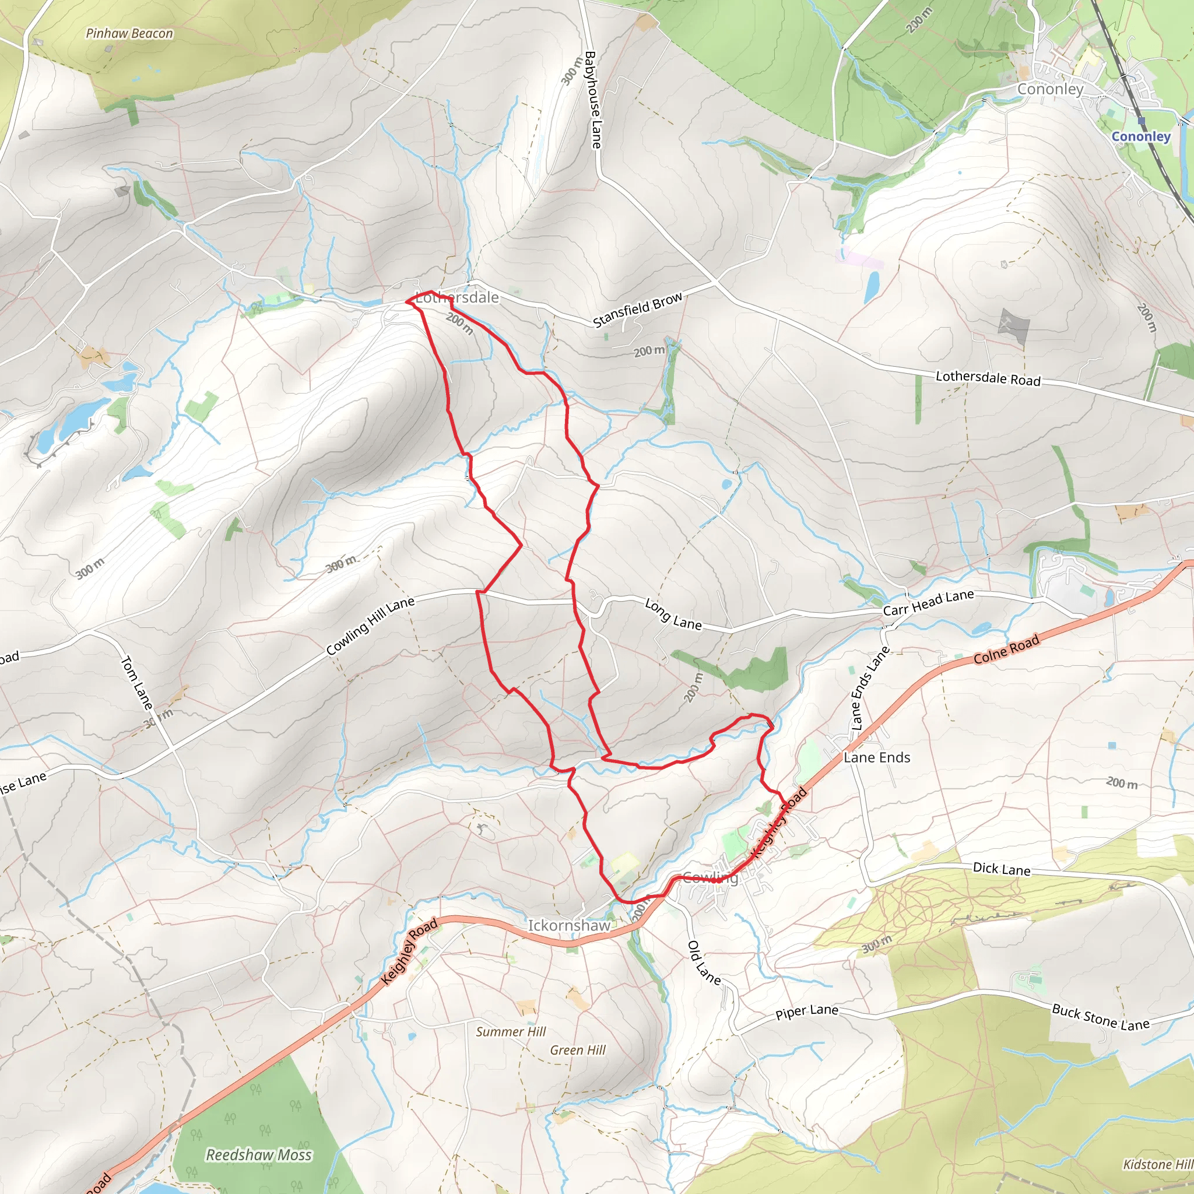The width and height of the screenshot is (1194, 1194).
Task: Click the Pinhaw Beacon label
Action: click(129, 33)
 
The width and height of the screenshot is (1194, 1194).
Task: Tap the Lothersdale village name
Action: click(457, 297)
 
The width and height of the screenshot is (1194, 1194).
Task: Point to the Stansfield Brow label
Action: click(638, 308)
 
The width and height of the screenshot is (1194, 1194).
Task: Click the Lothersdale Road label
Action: click(988, 378)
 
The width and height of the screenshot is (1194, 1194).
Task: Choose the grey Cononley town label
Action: click(1050, 89)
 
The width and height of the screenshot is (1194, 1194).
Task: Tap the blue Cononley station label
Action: click(1141, 136)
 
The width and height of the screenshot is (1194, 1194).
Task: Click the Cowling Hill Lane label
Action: click(370, 626)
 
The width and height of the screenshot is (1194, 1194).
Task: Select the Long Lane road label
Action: click(673, 614)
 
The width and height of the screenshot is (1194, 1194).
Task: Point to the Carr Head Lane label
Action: click(928, 603)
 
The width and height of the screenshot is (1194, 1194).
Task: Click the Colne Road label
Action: click(1006, 649)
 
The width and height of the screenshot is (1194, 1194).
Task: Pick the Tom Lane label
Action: click(136, 682)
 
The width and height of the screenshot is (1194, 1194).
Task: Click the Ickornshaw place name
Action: click(568, 925)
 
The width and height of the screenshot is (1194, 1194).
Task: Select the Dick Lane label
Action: click(1001, 868)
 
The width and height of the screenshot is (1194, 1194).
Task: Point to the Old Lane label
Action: click(704, 962)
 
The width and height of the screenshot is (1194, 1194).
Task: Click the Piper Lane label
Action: click(806, 1012)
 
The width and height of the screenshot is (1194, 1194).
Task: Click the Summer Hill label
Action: click(511, 1031)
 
